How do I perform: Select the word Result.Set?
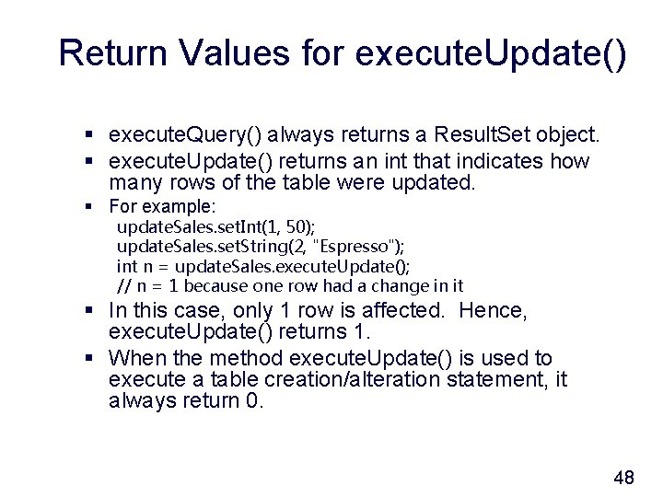click(x=481, y=135)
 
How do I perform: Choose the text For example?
click(x=162, y=206)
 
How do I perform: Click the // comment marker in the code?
click(x=123, y=286)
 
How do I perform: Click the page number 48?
click(x=623, y=477)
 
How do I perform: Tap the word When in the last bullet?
click(x=134, y=358)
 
